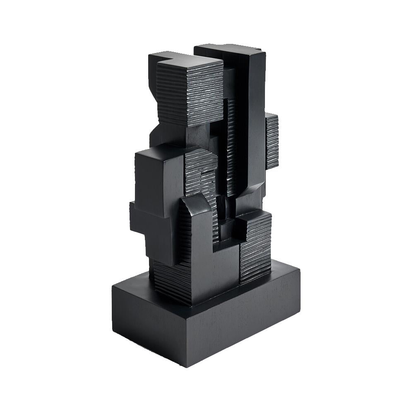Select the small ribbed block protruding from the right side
(x=272, y=141)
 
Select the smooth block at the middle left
(x=159, y=182)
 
